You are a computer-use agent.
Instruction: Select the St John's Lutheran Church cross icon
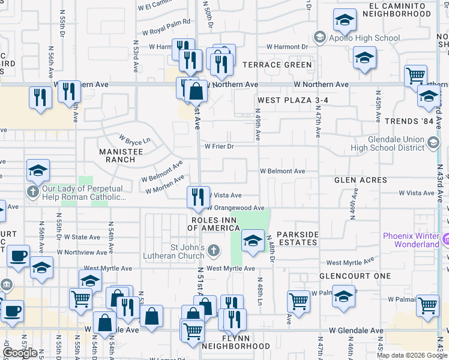214,248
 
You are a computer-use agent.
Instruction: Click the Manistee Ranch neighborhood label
121,156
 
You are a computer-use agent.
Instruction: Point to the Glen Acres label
361,180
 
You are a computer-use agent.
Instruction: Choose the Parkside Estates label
297,238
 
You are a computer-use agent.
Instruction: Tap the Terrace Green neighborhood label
277,65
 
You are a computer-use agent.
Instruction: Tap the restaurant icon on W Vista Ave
197,196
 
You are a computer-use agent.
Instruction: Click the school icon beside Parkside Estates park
253,242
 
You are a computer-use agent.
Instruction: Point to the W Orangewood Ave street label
236,208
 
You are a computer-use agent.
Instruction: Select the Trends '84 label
409,121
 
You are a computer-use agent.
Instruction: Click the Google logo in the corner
20,353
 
